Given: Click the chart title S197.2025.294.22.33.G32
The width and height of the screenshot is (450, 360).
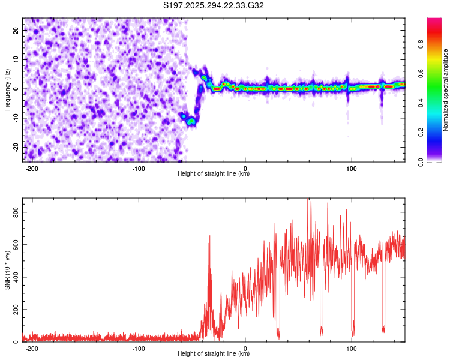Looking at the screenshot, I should (x=214, y=6).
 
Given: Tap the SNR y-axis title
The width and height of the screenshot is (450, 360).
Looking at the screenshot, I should (x=7, y=270).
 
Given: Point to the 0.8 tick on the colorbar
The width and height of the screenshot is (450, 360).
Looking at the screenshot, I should (x=421, y=43).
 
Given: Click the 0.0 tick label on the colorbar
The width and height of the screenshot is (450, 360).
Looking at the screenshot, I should (x=421, y=161).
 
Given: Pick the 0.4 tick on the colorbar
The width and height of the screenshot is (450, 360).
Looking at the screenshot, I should (x=421, y=103).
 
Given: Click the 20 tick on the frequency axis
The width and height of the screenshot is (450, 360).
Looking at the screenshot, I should (x=16, y=30).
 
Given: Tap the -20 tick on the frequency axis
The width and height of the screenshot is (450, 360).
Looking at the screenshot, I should (x=15, y=147).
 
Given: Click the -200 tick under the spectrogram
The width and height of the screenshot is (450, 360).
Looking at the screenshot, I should (x=32, y=167).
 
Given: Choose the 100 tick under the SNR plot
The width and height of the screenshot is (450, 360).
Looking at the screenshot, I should (x=352, y=348).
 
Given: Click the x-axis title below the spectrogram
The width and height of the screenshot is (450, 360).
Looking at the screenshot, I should (x=214, y=174).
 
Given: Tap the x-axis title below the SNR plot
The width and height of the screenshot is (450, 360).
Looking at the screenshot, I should (x=214, y=354).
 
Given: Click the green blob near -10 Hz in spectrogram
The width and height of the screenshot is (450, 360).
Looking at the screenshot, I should (x=191, y=121).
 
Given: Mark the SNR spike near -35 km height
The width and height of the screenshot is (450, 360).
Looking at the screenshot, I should (x=209, y=237).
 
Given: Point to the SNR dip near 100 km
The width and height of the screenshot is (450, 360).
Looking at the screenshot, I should (x=353, y=333).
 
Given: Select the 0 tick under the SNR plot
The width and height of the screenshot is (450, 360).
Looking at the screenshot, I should (x=246, y=348).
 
